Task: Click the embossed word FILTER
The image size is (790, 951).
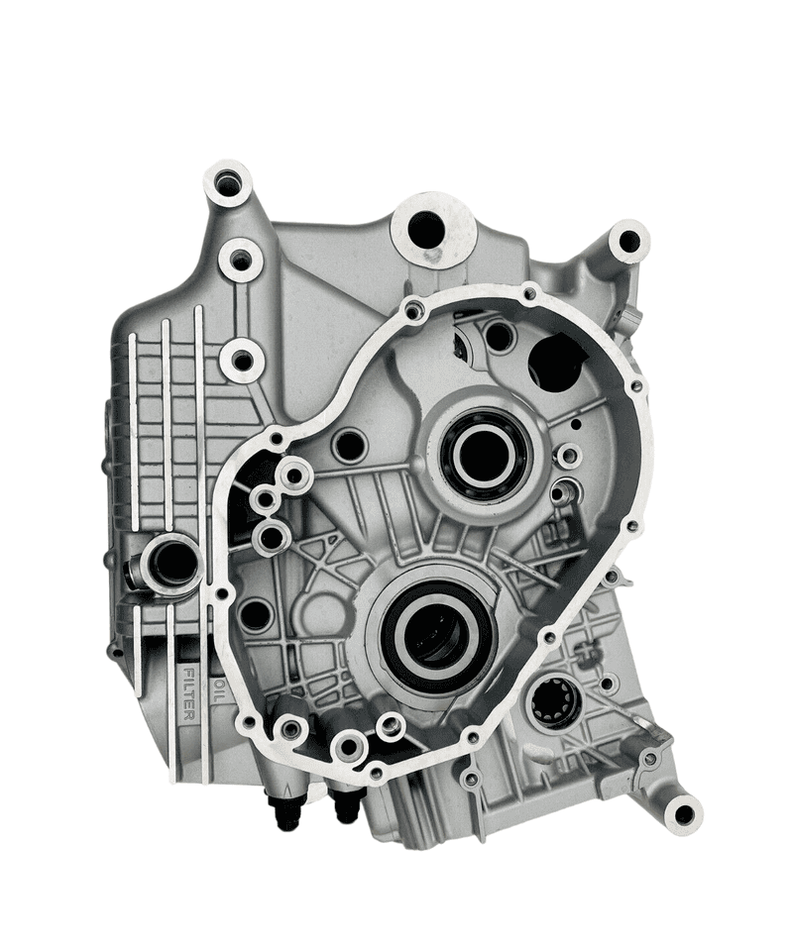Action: tap(188, 693)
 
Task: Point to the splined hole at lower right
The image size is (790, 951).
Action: tap(550, 702)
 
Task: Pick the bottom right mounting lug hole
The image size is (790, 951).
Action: tap(683, 814)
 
